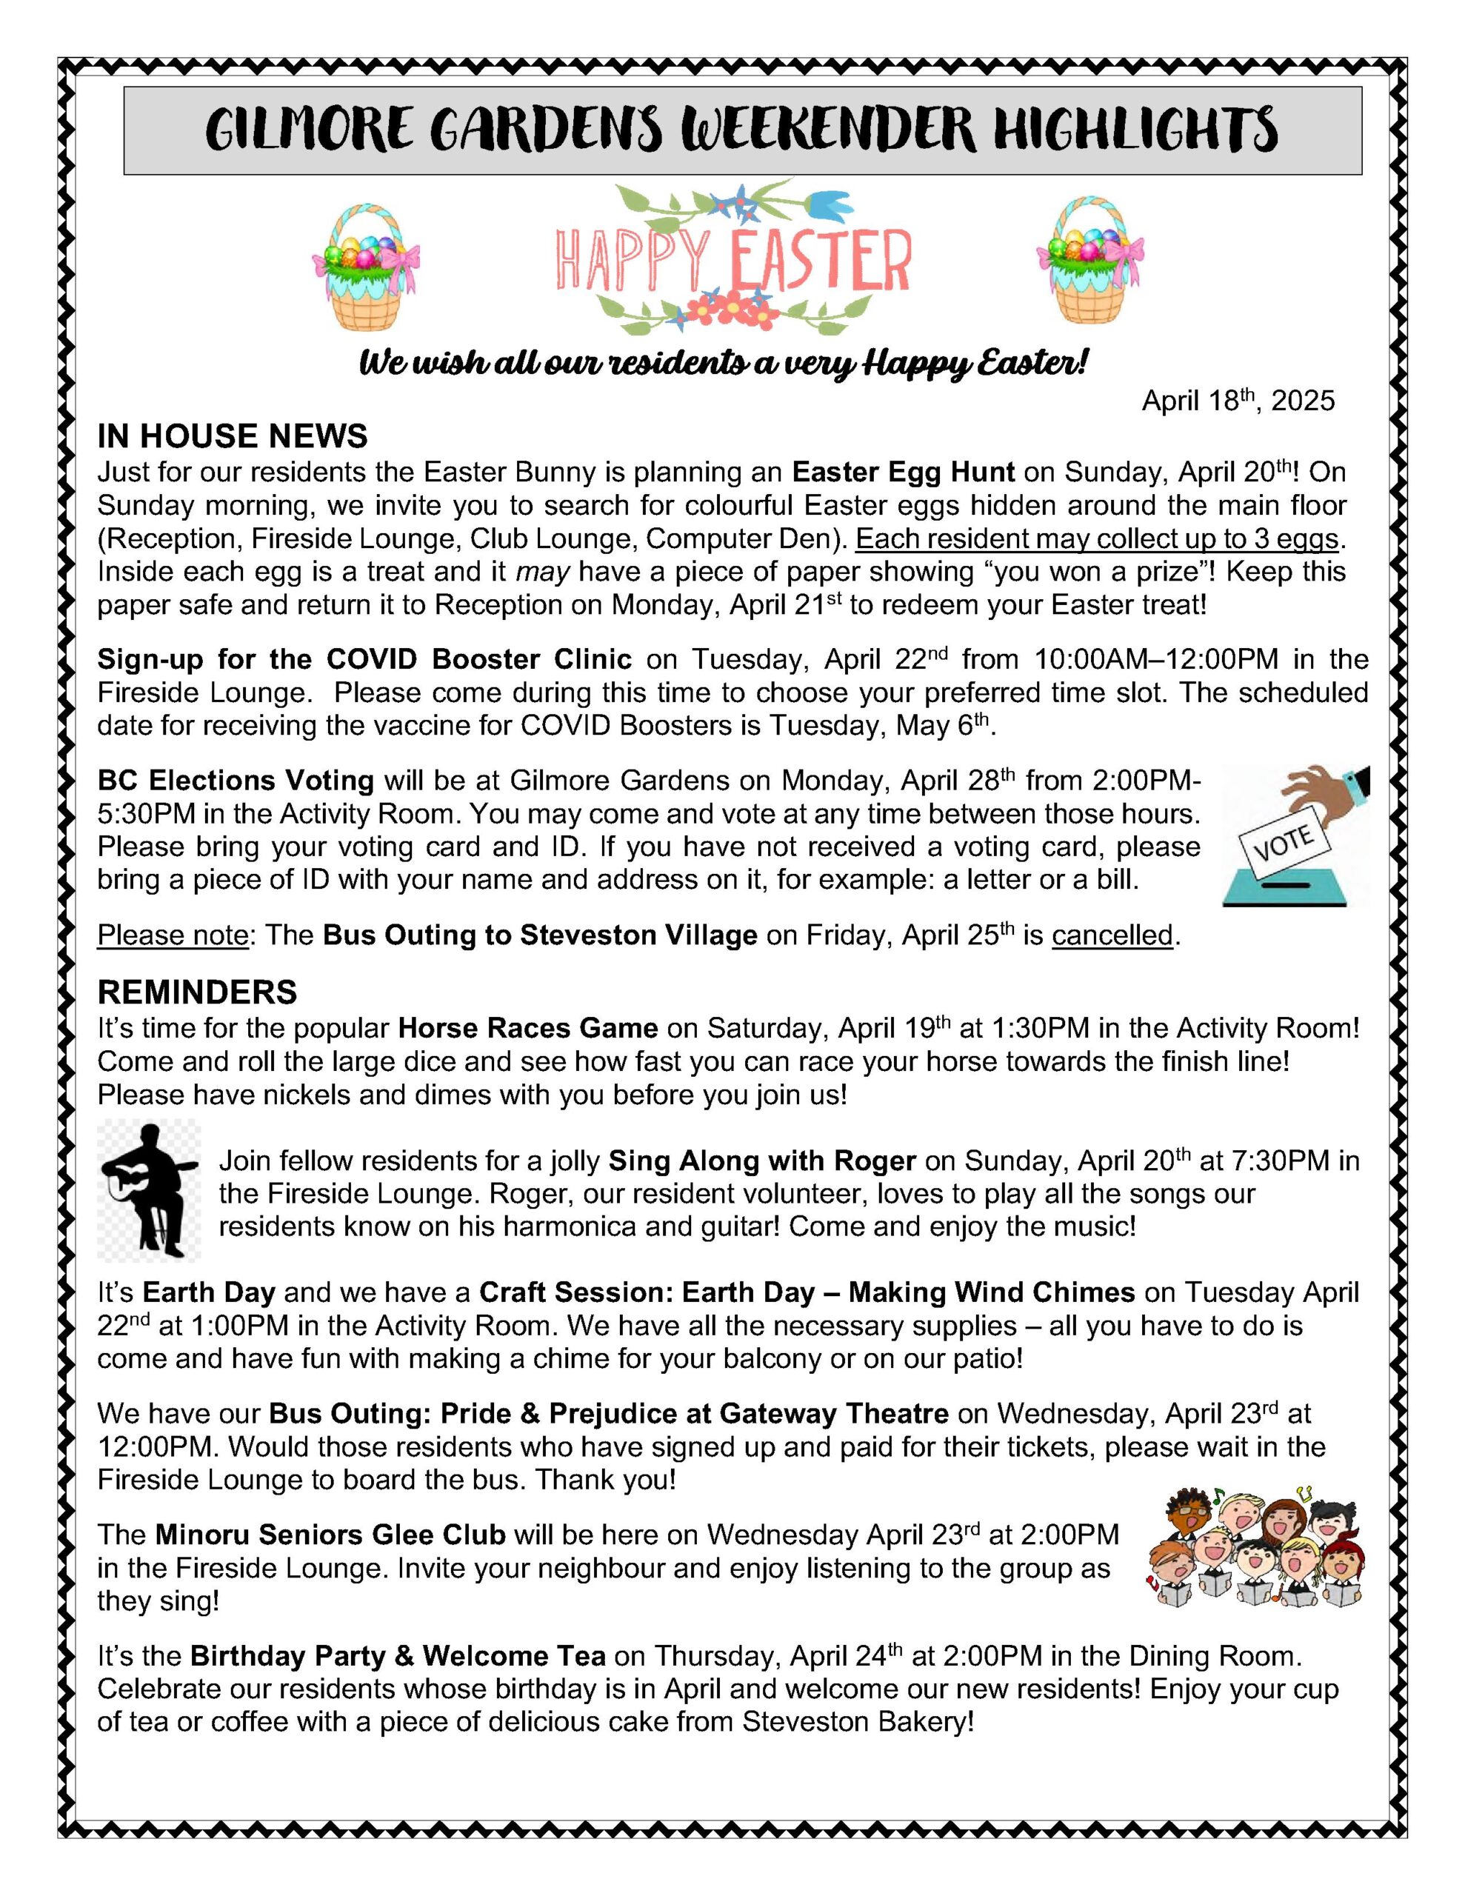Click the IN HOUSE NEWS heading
click(x=232, y=435)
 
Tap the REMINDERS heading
click(x=197, y=992)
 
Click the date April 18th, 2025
click(x=1238, y=401)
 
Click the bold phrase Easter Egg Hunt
click(x=903, y=473)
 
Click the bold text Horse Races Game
click(x=528, y=1029)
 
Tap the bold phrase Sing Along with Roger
click(x=762, y=1161)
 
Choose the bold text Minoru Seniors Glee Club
click(x=330, y=1535)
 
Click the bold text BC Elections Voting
click(x=236, y=781)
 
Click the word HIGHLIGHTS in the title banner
click(x=1135, y=130)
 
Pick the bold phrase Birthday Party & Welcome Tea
click(x=398, y=1656)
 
